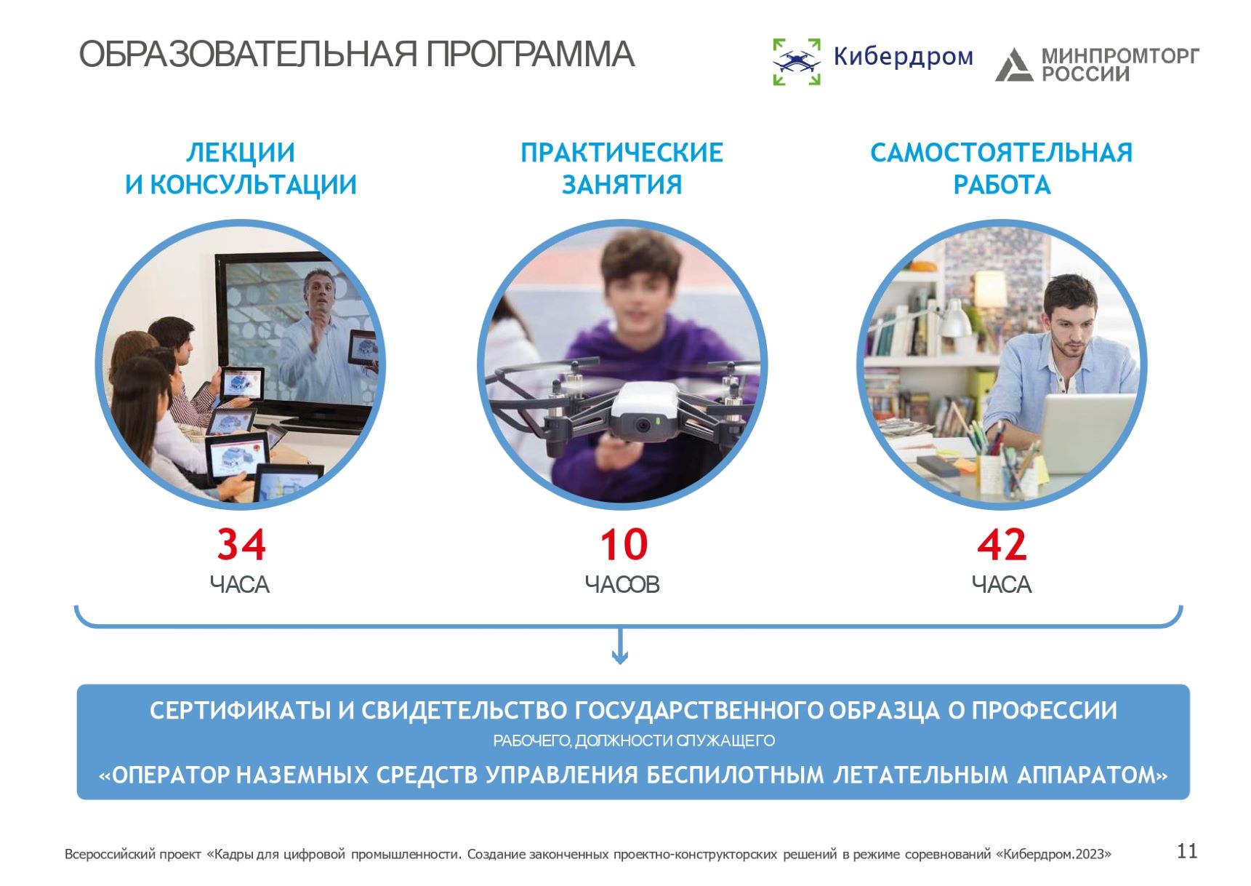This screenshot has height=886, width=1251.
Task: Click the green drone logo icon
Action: [x=797, y=61]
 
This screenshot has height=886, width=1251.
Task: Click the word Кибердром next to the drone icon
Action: [x=903, y=56]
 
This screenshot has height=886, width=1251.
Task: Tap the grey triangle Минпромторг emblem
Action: [x=1013, y=64]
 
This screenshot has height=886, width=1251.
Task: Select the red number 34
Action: [x=241, y=544]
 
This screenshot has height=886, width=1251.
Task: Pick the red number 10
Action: [x=624, y=544]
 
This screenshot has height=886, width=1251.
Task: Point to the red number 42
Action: [x=1002, y=544]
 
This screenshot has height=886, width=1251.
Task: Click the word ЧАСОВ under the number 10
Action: [x=622, y=584]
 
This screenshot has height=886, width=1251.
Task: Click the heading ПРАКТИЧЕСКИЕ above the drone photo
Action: [x=622, y=153]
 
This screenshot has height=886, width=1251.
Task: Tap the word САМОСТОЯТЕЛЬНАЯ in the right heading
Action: [x=1002, y=153]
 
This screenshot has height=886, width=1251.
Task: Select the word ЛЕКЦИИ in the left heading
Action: [x=241, y=153]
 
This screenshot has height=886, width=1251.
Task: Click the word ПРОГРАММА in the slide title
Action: [x=530, y=55]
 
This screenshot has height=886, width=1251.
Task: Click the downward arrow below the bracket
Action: [x=620, y=646]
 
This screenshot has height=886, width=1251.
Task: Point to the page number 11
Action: [x=1187, y=851]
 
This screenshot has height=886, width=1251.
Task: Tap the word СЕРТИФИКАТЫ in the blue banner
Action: [x=240, y=710]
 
